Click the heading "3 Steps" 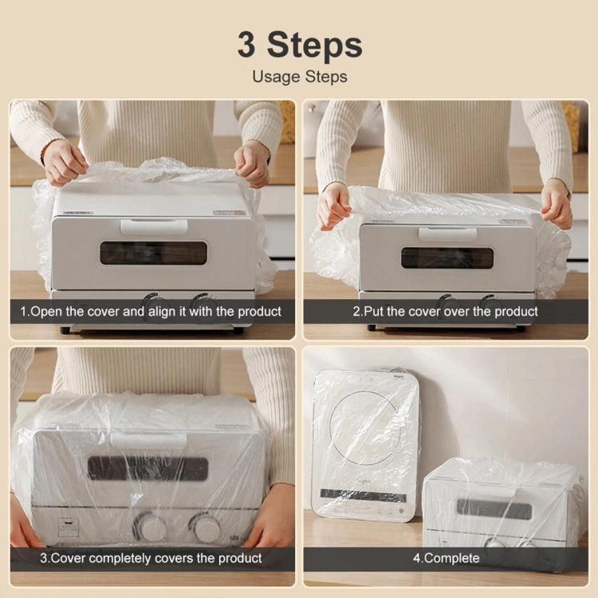[x=299, y=45]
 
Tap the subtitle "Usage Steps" [x=299, y=77]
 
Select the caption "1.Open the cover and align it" [x=151, y=311]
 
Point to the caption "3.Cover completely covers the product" [x=151, y=558]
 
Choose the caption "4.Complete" [x=446, y=558]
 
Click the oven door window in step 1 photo [x=153, y=253]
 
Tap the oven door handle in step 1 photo [x=154, y=226]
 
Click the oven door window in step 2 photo [x=447, y=258]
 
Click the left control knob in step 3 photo [x=150, y=527]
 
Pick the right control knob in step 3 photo [x=207, y=527]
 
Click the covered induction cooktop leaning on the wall [x=366, y=443]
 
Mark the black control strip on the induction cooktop [x=363, y=495]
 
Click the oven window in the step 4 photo [x=494, y=508]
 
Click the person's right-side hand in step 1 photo [x=253, y=163]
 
